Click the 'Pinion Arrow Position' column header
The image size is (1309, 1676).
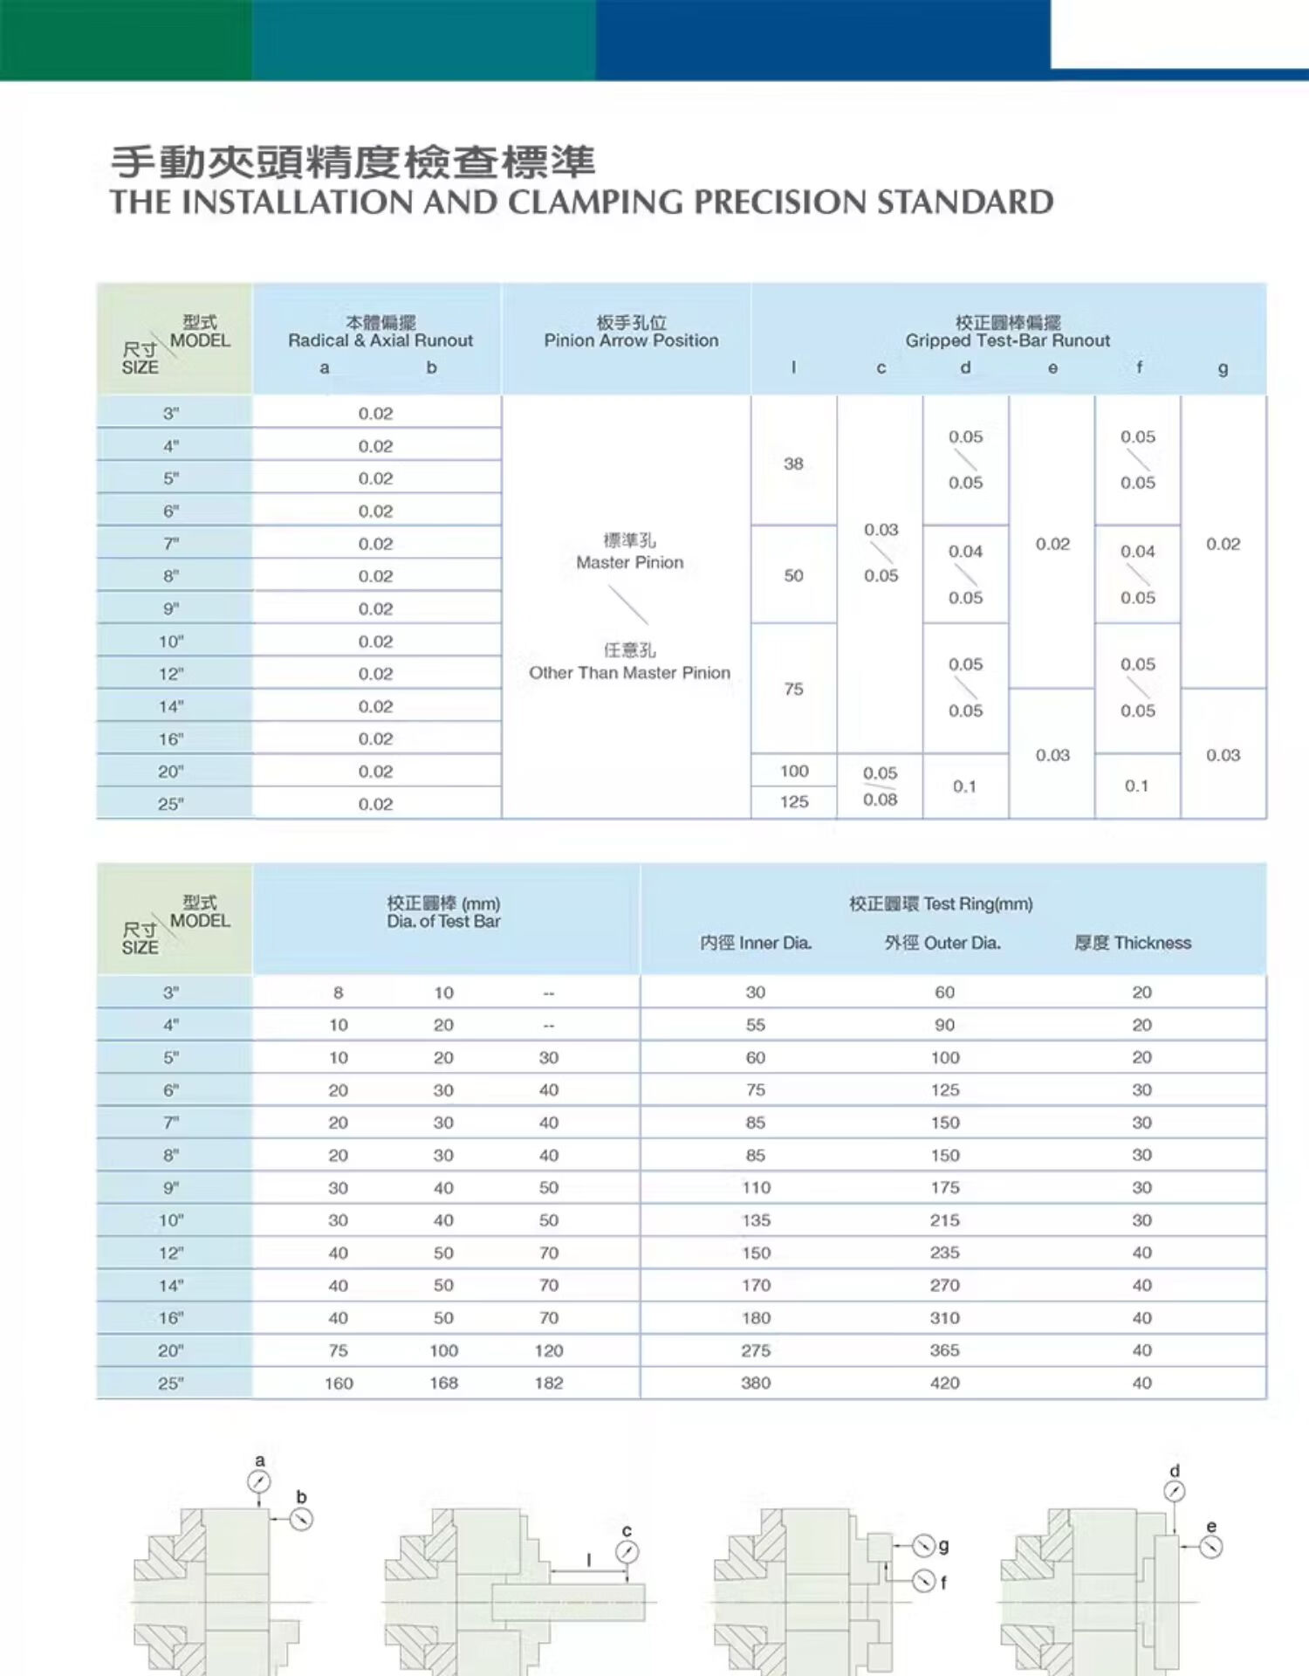tap(631, 340)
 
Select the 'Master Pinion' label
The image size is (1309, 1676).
tap(629, 562)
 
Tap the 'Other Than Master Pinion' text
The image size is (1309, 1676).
tap(629, 672)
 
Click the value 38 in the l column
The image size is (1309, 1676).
tap(793, 464)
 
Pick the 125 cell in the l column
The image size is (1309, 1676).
tap(794, 801)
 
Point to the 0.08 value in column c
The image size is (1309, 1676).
tap(880, 800)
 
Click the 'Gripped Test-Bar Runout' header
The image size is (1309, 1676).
tap(1007, 340)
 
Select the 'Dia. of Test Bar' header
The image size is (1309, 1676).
tap(443, 921)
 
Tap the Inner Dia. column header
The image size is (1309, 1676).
tap(756, 943)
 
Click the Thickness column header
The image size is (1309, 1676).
tap(1133, 943)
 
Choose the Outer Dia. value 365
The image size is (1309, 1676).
tap(944, 1350)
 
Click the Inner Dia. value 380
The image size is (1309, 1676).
tap(756, 1383)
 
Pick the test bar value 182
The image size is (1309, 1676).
tap(549, 1383)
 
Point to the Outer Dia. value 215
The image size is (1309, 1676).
tap(944, 1220)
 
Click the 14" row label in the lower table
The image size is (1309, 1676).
tap(171, 1286)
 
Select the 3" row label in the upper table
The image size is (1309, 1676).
tap(171, 414)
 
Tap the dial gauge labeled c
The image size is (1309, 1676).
tap(627, 1552)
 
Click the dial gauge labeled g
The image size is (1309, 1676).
tap(923, 1546)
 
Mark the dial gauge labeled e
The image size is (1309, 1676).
tap(1210, 1547)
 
